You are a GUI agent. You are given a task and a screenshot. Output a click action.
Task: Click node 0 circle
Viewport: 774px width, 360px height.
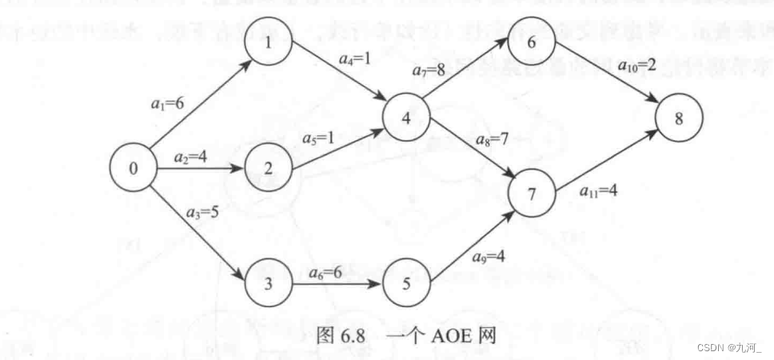(134, 168)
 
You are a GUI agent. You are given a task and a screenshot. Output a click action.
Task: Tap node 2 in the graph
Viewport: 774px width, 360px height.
(268, 168)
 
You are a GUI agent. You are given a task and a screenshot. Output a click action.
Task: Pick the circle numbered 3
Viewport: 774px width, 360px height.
(268, 282)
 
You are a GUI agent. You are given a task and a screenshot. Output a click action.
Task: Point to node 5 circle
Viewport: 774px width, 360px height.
(406, 282)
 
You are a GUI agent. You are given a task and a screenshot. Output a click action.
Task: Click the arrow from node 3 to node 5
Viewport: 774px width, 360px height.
(337, 283)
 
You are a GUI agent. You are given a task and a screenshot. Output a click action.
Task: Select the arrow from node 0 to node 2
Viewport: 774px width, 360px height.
(200, 169)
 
